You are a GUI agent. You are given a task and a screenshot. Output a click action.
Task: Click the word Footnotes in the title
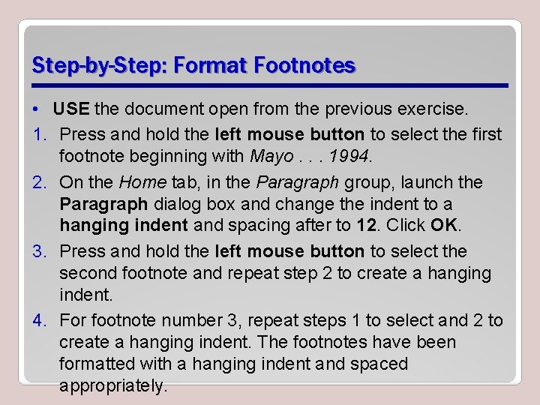pyautogui.click(x=304, y=65)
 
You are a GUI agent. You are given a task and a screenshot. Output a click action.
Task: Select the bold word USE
pyautogui.click(x=72, y=109)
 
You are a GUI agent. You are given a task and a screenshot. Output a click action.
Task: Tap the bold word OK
pyautogui.click(x=444, y=225)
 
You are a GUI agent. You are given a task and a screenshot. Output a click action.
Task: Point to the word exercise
pyautogui.click(x=430, y=109)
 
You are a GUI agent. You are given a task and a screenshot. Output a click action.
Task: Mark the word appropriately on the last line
pyautogui.click(x=112, y=386)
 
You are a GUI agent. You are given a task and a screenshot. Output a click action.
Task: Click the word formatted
pyautogui.click(x=97, y=364)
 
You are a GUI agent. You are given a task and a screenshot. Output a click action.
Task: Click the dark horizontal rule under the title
pyautogui.click(x=270, y=84)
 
